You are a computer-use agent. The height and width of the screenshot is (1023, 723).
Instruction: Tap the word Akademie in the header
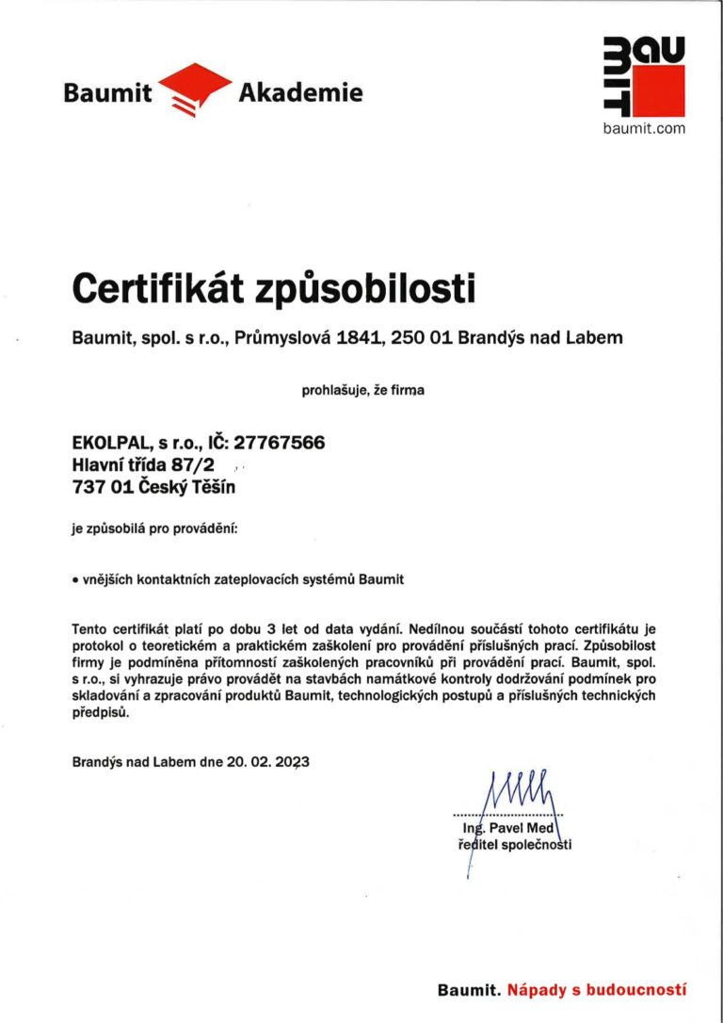click(300, 92)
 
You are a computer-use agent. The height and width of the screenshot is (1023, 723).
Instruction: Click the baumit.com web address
click(644, 128)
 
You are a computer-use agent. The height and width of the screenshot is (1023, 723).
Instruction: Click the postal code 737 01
click(101, 487)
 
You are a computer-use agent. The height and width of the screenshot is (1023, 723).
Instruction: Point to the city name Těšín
click(211, 487)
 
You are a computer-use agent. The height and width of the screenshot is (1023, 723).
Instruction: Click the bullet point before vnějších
click(75, 580)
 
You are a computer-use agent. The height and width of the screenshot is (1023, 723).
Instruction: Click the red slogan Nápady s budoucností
click(597, 990)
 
